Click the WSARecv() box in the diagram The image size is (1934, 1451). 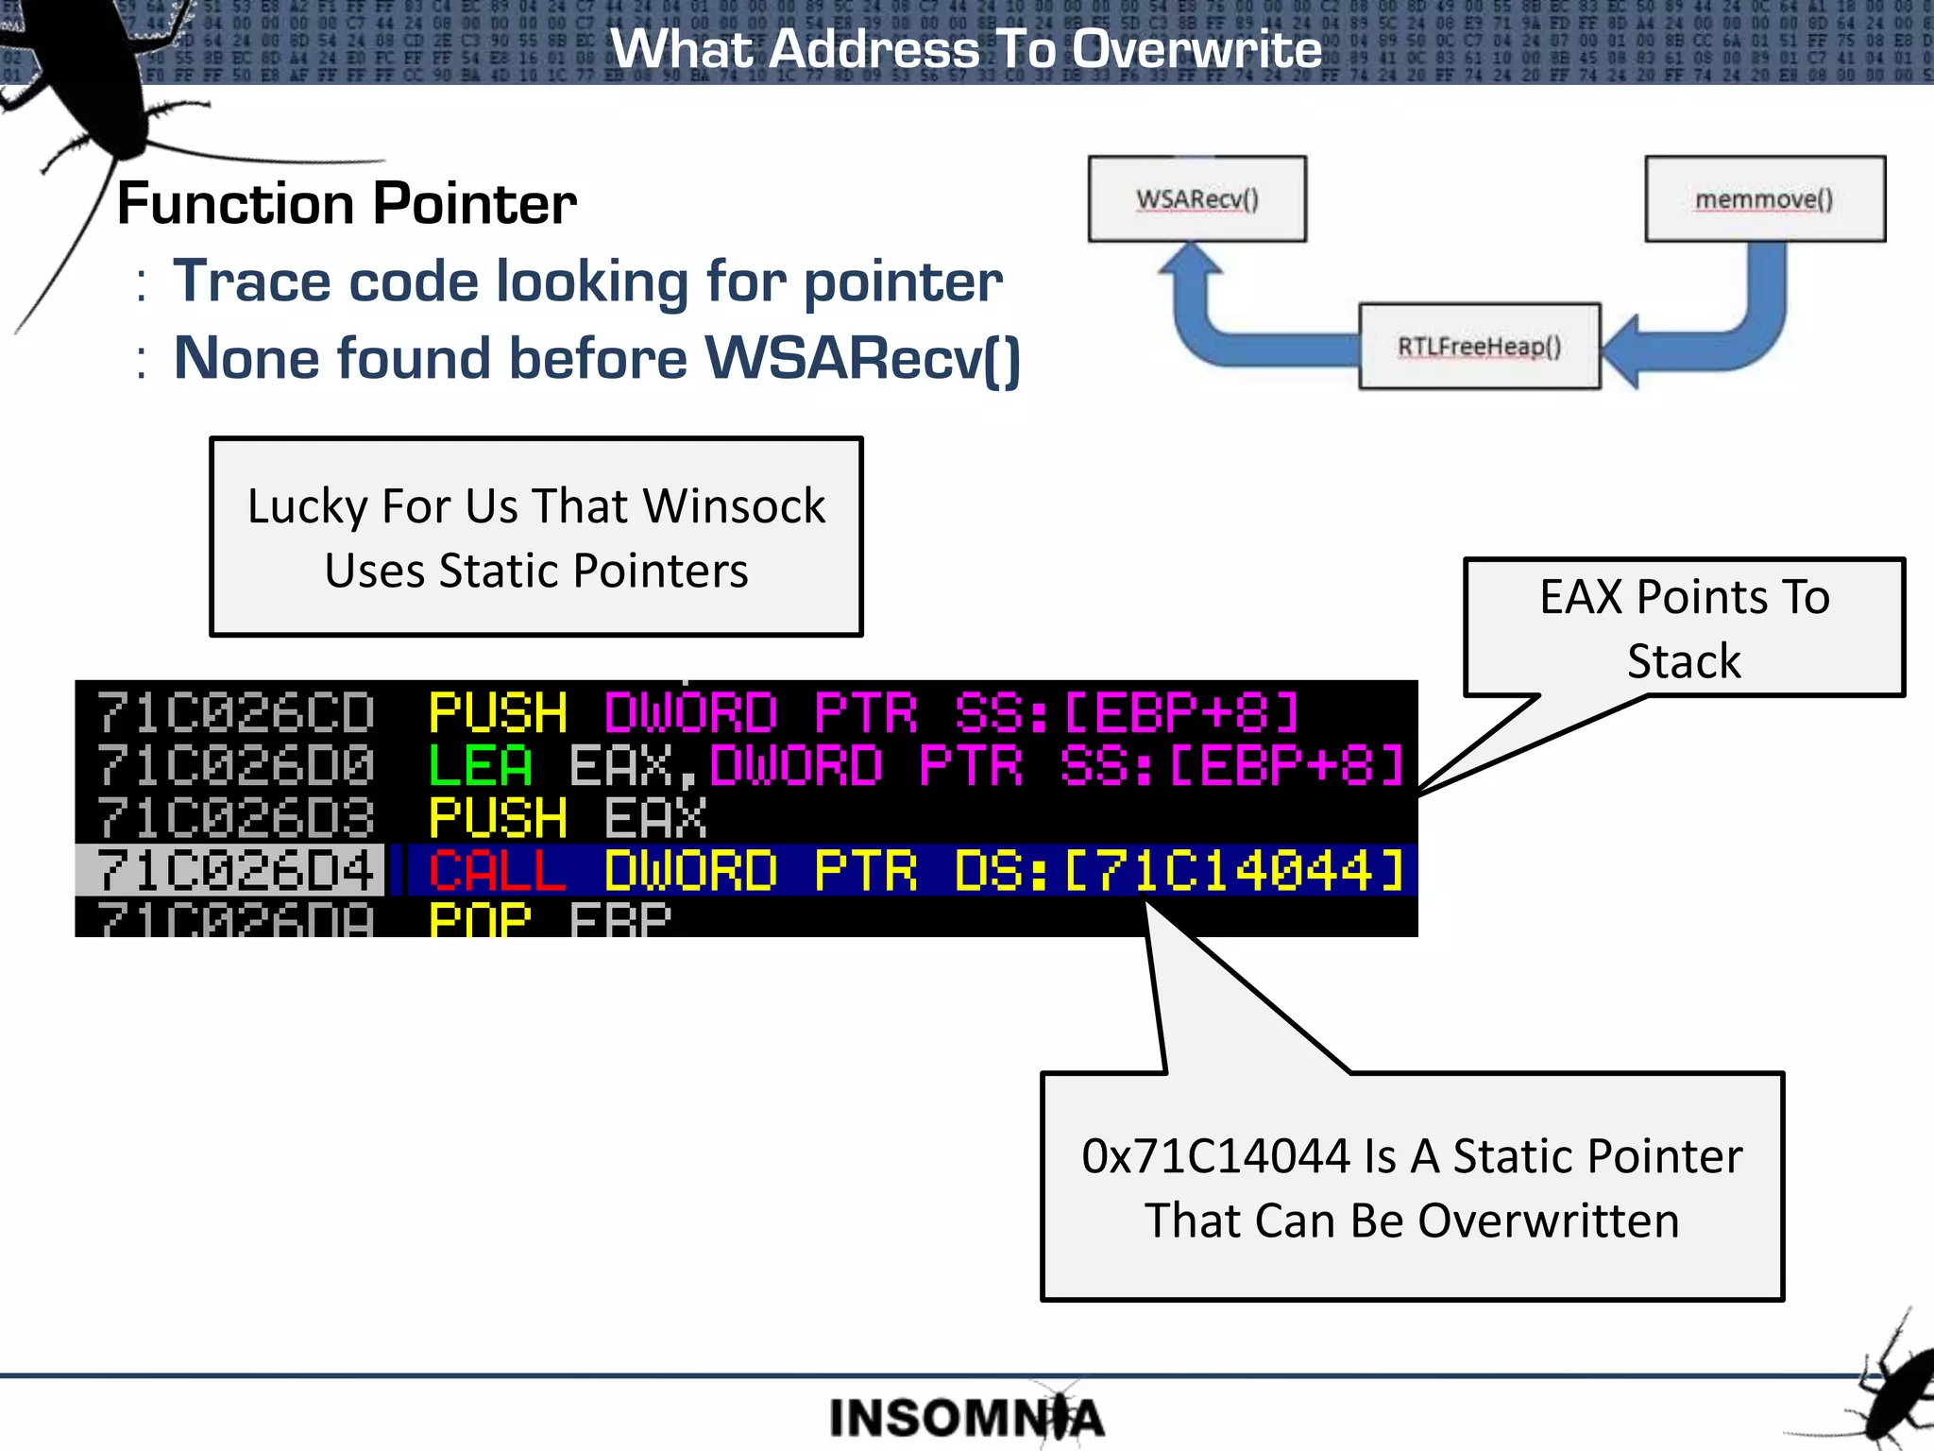coord(1196,199)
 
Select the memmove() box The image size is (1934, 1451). coord(1764,199)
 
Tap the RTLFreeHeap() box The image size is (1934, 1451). coord(1479,347)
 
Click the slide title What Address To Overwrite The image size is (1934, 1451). coord(966,49)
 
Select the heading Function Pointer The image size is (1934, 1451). coord(347,204)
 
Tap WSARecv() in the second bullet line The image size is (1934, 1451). coord(862,359)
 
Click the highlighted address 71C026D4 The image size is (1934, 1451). coord(235,870)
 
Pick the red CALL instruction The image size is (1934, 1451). coord(497,870)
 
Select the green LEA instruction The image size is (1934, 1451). coord(481,765)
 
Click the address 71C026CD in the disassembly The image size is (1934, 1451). coord(235,713)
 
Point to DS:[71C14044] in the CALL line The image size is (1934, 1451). coord(1180,870)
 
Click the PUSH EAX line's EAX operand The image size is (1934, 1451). coord(655,818)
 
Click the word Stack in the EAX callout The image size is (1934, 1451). coord(1684,661)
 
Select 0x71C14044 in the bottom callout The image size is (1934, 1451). coord(1216,1156)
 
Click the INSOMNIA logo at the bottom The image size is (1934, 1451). coord(966,1418)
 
